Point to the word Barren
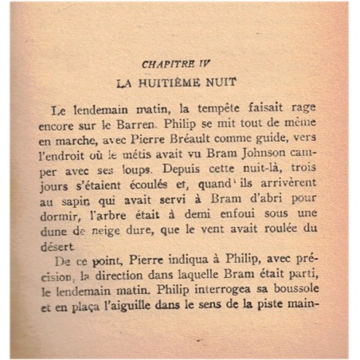point(131,125)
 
